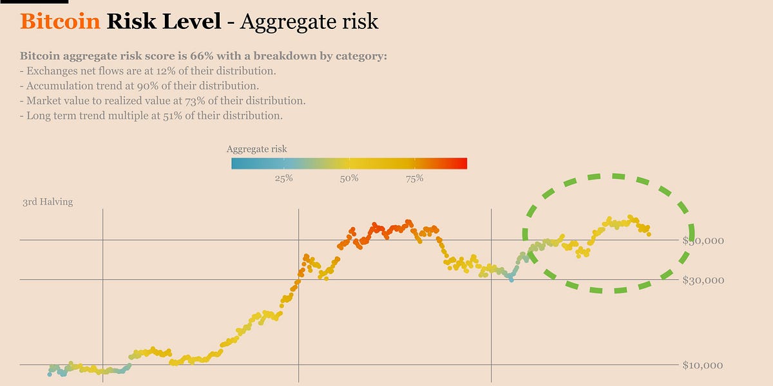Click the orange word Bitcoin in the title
tap(60, 22)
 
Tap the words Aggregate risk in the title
tap(309, 23)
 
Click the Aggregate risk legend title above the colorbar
tap(257, 149)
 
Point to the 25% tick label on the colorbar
tap(284, 178)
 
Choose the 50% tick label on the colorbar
tap(349, 178)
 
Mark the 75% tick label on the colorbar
tap(414, 178)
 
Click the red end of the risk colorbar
tap(463, 163)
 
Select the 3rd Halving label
tap(48, 202)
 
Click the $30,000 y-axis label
tap(703, 280)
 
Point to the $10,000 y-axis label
tap(703, 365)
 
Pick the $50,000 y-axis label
tap(703, 241)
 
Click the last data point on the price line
tap(649, 234)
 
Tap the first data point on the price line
tap(50, 374)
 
